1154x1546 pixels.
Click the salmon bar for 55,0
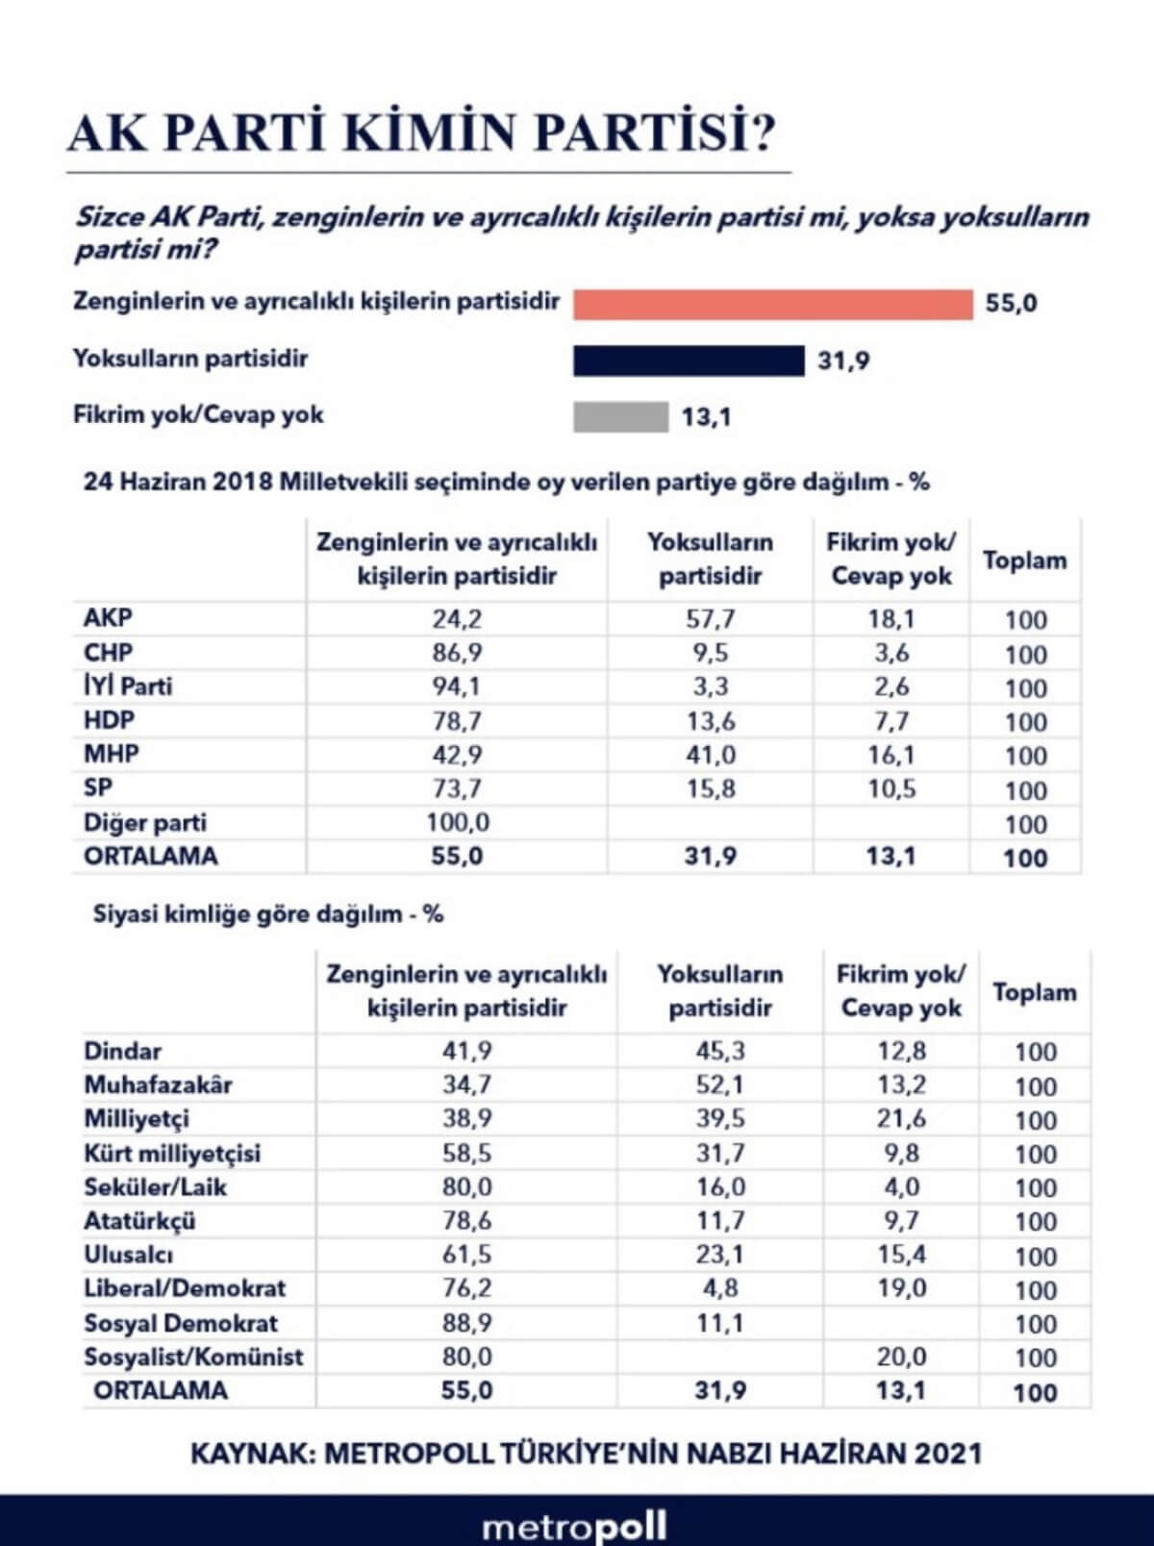(772, 304)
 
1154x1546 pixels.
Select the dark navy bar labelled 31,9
(689, 361)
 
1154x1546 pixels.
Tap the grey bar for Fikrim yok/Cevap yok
(620, 417)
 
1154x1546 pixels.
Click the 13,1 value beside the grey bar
(706, 417)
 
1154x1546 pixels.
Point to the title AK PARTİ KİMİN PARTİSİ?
(421, 133)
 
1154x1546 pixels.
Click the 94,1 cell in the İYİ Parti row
(457, 686)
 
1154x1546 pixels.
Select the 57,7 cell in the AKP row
(710, 618)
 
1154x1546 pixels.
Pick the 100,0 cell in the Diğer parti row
(457, 823)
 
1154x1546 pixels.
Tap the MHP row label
(111, 754)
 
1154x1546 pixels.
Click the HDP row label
(109, 720)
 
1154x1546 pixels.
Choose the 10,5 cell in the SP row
(891, 789)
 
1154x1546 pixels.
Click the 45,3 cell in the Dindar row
(720, 1051)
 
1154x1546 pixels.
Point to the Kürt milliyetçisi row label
(172, 1153)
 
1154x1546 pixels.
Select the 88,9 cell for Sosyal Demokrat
(466, 1323)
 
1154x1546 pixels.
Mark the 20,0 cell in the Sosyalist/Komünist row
(901, 1357)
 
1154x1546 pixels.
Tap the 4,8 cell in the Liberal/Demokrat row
(720, 1288)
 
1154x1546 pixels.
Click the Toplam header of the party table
(1024, 561)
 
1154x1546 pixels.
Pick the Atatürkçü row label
(139, 1221)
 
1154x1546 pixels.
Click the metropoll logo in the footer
(574, 1527)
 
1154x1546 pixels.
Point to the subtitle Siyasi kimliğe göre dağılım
(267, 913)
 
